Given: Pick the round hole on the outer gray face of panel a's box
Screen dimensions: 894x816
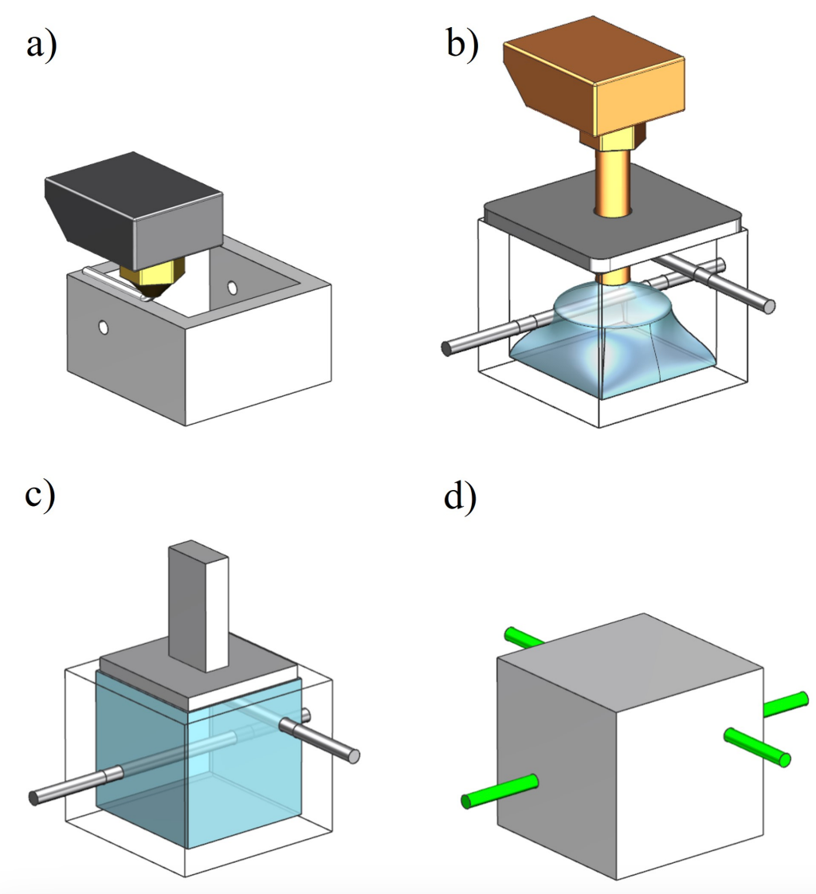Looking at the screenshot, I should click(x=103, y=326).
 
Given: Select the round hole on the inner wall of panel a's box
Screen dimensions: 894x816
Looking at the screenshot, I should click(x=232, y=286).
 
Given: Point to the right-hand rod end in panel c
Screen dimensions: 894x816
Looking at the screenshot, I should click(x=352, y=755).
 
